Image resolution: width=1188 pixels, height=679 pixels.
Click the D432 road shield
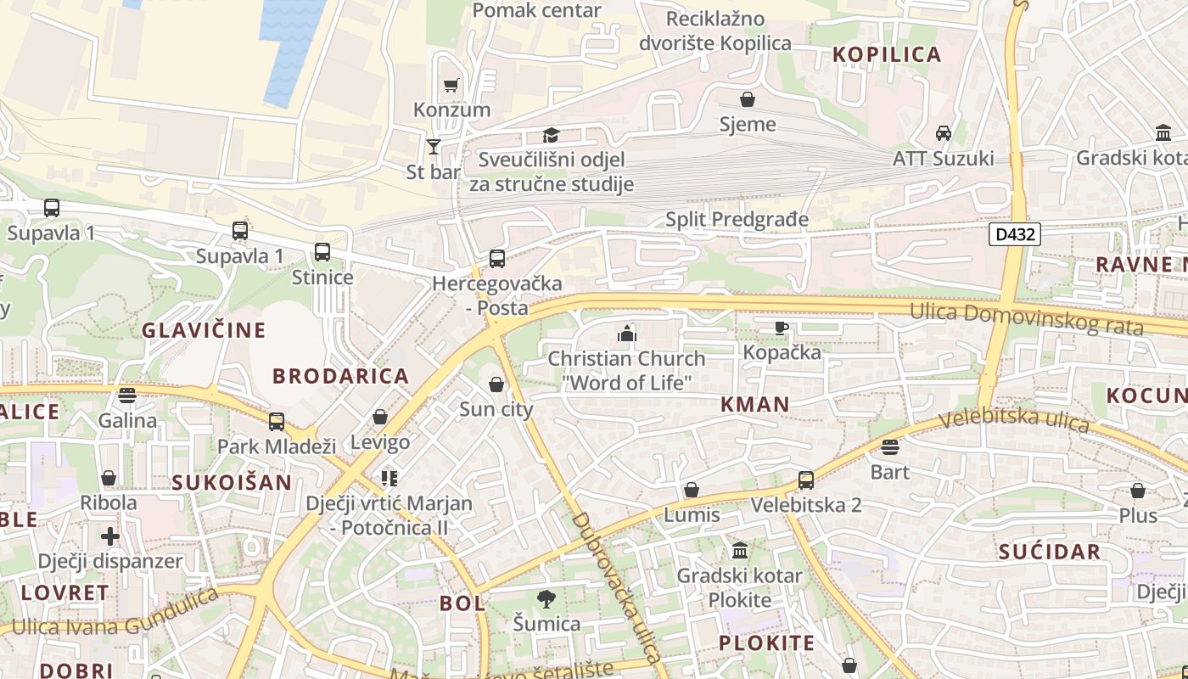point(1014,234)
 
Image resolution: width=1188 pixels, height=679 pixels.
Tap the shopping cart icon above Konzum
point(451,85)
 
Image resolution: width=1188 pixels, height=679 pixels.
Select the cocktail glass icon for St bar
point(434,147)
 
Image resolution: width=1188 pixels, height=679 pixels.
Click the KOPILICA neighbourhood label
point(887,54)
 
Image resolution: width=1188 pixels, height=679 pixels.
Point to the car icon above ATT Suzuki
point(943,133)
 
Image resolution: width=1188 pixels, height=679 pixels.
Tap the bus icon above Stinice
point(322,252)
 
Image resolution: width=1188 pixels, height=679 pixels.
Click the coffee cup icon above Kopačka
point(782,328)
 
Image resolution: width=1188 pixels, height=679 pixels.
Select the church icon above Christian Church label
point(627,334)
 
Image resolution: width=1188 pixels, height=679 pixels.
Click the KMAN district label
point(754,405)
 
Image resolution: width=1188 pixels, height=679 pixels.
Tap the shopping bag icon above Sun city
point(496,385)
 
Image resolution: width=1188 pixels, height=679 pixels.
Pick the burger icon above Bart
point(889,447)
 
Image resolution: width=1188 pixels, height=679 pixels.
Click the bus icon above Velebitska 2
point(806,480)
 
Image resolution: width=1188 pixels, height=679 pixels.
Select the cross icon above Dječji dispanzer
point(109,536)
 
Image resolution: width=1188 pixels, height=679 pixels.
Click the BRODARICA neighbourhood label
point(340,375)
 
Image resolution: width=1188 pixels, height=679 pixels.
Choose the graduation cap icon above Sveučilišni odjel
point(552,136)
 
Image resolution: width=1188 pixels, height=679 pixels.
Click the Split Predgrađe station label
point(737,220)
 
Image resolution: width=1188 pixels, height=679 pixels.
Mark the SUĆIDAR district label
point(1049,552)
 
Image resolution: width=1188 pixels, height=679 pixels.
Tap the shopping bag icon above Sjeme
point(748,100)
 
